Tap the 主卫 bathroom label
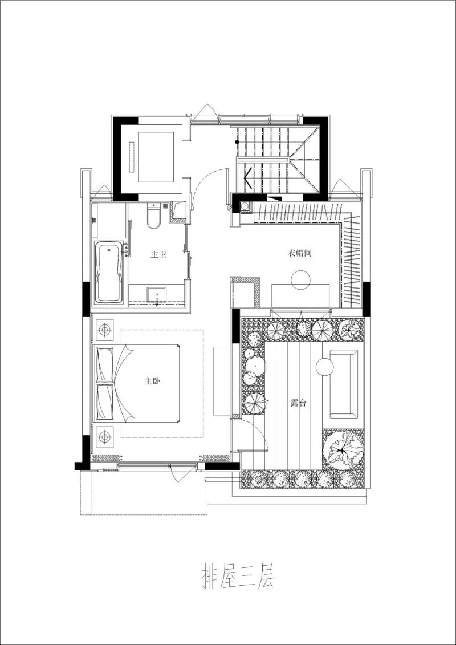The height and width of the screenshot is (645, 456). click(158, 255)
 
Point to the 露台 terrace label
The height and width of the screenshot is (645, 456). click(298, 403)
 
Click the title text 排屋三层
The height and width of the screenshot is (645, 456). click(237, 577)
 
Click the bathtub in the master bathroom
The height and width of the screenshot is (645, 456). click(109, 272)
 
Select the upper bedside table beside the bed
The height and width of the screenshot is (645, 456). click(105, 330)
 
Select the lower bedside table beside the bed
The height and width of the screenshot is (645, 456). click(105, 436)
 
